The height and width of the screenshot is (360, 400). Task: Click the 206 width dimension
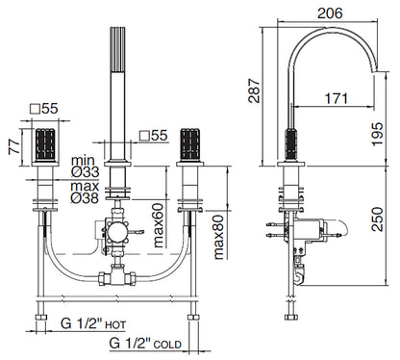click(330, 13)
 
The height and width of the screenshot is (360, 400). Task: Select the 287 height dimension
click(255, 90)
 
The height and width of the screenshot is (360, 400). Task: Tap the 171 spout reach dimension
click(337, 98)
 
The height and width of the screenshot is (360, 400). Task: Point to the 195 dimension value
click(377, 134)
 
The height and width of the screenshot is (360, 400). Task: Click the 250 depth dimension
click(377, 219)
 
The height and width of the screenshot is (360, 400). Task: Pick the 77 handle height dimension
click(14, 146)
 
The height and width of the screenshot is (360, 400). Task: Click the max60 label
click(158, 225)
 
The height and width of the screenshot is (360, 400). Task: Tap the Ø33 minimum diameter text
click(85, 172)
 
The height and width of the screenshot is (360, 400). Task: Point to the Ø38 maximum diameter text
click(85, 198)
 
